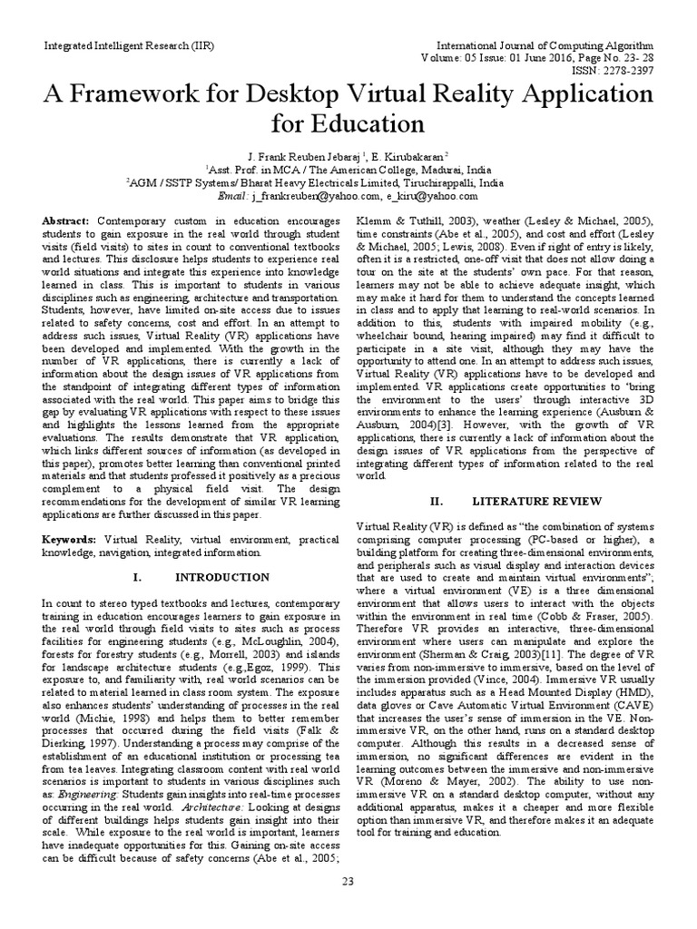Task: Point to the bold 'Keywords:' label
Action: click(73, 538)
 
